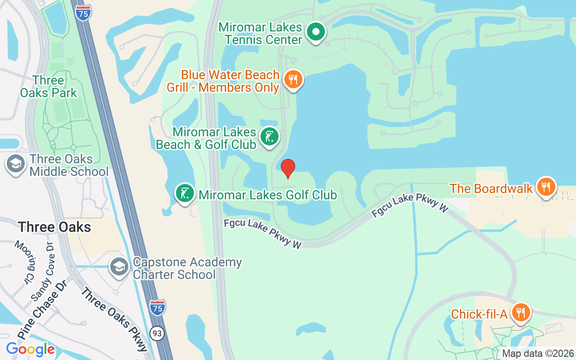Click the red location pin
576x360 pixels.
tap(288, 168)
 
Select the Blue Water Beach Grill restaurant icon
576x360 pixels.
tap(293, 80)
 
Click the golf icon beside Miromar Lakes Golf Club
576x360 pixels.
tap(184, 193)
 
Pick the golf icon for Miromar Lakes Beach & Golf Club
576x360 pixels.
tap(269, 136)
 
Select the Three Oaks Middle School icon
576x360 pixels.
tap(16, 164)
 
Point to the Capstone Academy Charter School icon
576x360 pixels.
tap(119, 267)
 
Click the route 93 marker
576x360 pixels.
tap(157, 333)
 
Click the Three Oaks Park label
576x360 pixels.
tap(49, 87)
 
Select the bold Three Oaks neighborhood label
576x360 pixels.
tap(54, 227)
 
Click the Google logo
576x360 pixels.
tap(30, 349)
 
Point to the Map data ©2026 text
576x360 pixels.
tap(538, 354)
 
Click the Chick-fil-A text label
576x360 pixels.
tap(479, 314)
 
